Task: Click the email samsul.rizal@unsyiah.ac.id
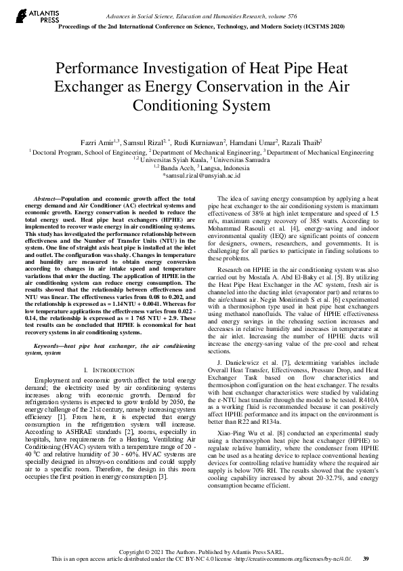pos(201,175)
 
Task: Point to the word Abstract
pos(47,197)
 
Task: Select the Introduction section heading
pos(108,370)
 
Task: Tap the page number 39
pos(366,559)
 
